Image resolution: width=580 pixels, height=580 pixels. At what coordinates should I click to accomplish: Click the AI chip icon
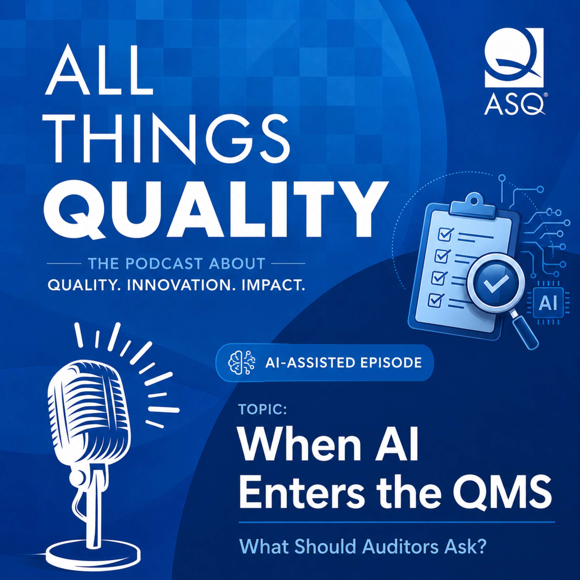pos(548,304)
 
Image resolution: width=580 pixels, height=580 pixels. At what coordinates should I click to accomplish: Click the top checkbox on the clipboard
pos(445,234)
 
